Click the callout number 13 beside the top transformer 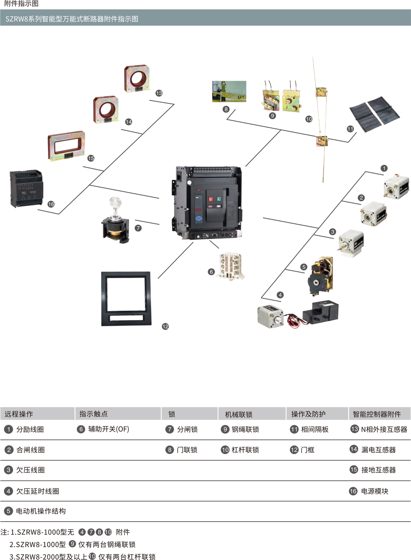coord(159,93)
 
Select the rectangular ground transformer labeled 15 coord(66,146)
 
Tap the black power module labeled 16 coord(27,189)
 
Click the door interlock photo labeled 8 coord(229,91)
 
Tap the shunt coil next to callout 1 coord(396,187)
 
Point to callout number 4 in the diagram coord(280,295)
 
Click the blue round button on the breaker coord(199,219)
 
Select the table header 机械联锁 coord(239,414)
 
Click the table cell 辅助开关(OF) coord(109,429)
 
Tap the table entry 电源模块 coord(375,491)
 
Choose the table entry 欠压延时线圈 coord(38,491)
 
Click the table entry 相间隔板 coord(315,430)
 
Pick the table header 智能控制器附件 coord(377,414)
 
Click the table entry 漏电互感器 coord(378,450)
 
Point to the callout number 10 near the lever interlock coord(309,119)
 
